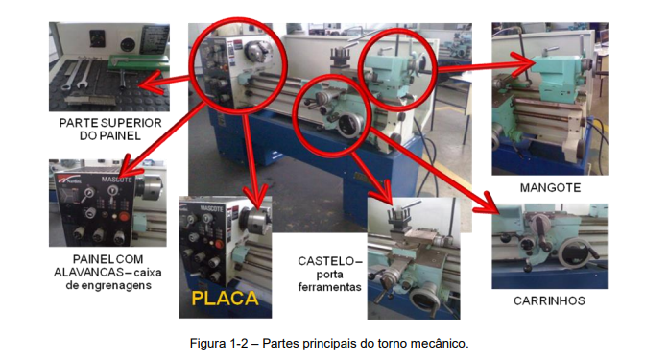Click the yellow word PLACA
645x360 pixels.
tap(225, 299)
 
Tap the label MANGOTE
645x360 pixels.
tap(550, 188)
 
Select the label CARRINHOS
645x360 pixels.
tap(549, 300)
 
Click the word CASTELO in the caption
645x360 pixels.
tap(325, 261)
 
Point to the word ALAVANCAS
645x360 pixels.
tap(89, 273)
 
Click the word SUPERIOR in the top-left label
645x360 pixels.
tap(131, 123)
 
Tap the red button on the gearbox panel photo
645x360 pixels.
tap(124, 216)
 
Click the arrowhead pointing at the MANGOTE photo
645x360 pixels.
tap(524, 63)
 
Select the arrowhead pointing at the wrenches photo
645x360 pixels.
tap(148, 83)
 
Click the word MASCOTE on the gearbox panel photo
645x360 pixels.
tap(117, 180)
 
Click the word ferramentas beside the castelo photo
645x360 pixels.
tap(330, 287)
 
